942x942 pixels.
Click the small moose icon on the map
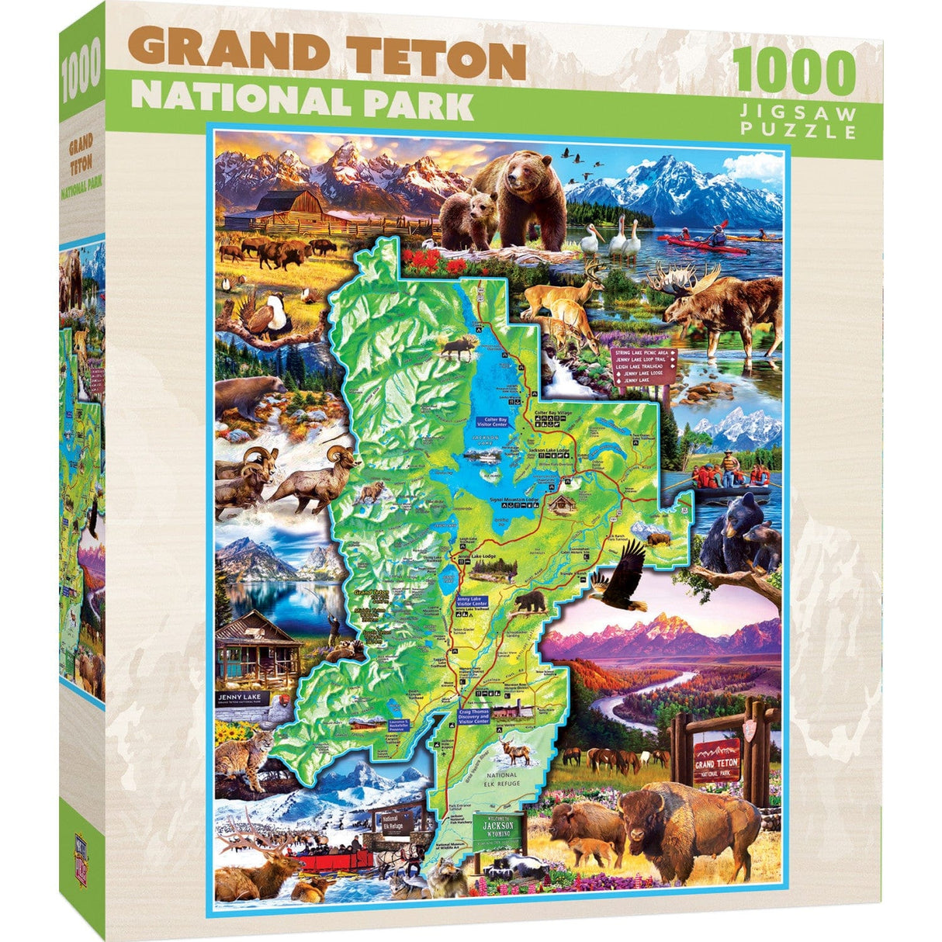click(x=457, y=350)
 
